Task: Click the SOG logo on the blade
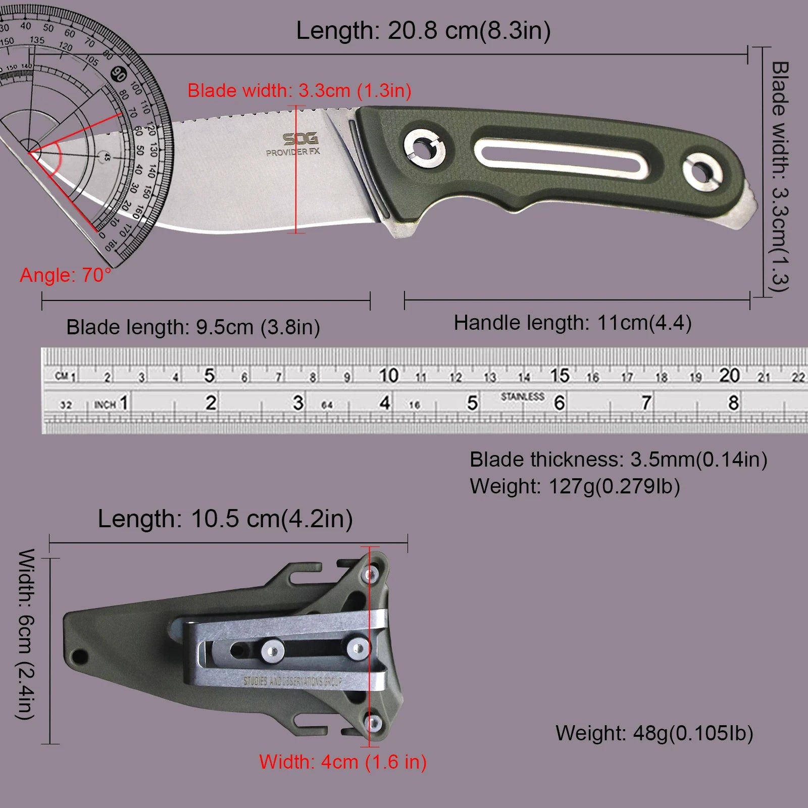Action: click(x=300, y=139)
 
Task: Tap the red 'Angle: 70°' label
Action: click(x=65, y=275)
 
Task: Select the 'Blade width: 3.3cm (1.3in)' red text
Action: click(x=299, y=91)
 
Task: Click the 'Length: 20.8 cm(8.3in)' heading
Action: click(x=423, y=31)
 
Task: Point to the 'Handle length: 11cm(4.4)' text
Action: click(x=572, y=323)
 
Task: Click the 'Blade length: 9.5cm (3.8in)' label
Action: click(x=193, y=327)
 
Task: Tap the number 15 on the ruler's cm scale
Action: click(x=560, y=375)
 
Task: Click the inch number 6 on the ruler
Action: click(x=559, y=403)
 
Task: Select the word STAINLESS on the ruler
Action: click(x=522, y=396)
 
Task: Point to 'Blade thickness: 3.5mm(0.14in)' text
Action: click(x=618, y=460)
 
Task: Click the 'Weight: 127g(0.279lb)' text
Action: click(x=575, y=486)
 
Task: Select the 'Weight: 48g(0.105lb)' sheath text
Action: click(x=654, y=733)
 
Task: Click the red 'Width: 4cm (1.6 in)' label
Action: click(x=343, y=762)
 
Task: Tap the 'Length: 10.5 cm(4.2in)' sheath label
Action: click(x=225, y=519)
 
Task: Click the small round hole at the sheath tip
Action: click(x=79, y=657)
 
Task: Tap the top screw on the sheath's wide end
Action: click(x=372, y=574)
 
